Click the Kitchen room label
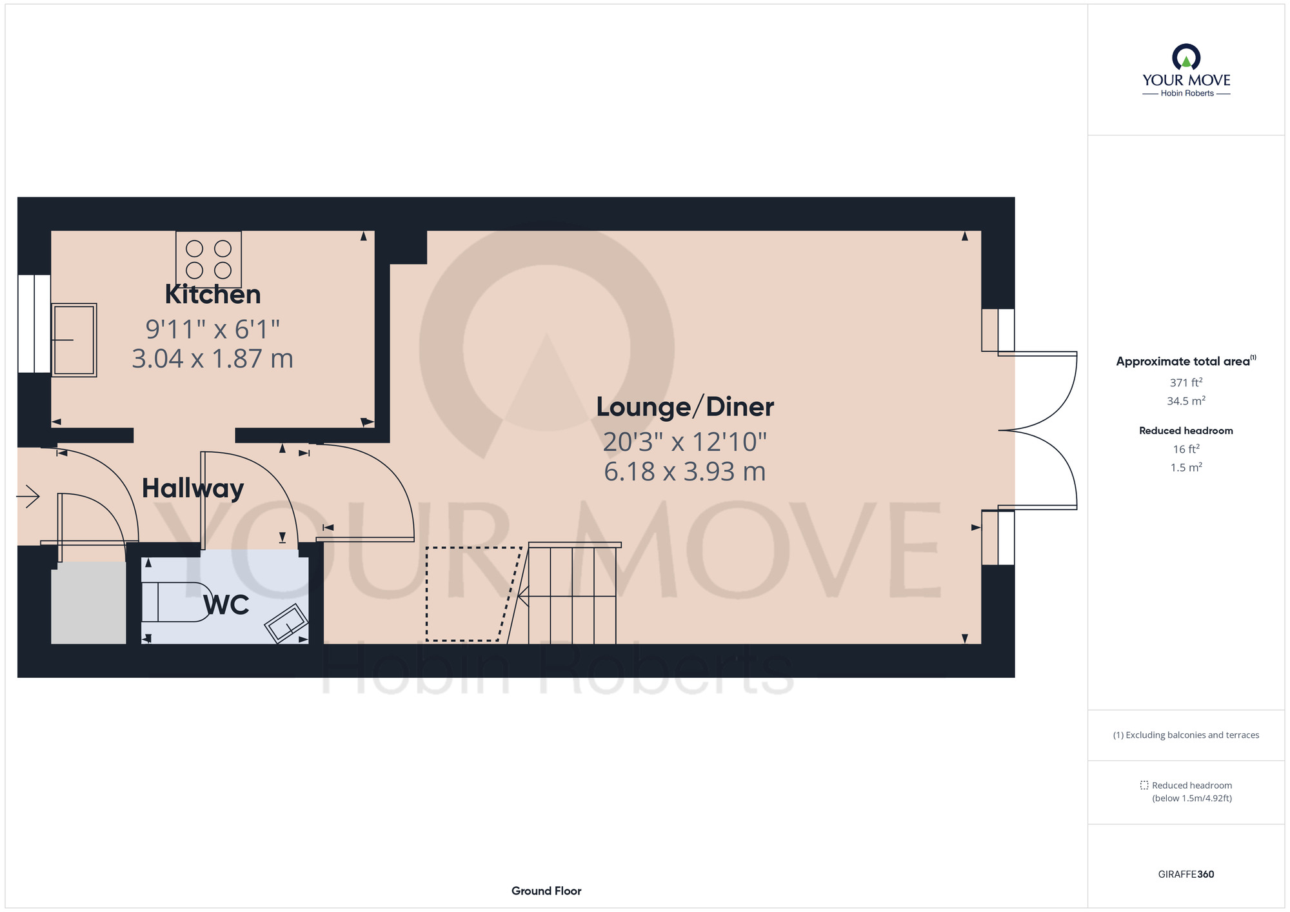coord(213,295)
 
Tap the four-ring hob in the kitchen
coord(209,259)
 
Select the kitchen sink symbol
coord(74,340)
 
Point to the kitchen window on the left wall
coord(34,324)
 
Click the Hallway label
coord(193,489)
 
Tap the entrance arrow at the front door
coord(28,497)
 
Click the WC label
coord(226,605)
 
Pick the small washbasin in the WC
coord(286,623)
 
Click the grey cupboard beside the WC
coord(88,602)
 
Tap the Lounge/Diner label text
coord(685,408)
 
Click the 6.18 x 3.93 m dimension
coord(685,471)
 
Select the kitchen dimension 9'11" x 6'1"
coord(213,330)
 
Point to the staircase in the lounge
coord(573,593)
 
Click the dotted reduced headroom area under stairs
coord(473,594)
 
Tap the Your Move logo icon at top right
coord(1186,57)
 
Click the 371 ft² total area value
coord(1186,382)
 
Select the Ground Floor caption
coord(546,891)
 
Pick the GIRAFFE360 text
coord(1186,875)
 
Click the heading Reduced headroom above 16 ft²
coord(1186,431)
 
